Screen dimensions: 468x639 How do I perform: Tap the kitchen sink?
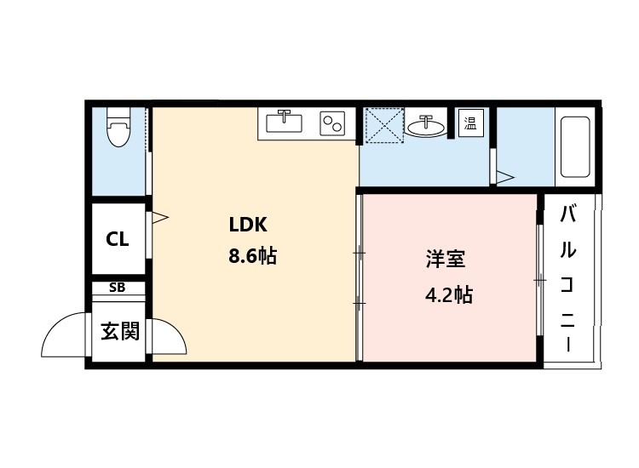284,123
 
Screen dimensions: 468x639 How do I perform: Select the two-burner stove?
331,123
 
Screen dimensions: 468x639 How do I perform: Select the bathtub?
575,146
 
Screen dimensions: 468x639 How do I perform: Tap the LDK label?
248,225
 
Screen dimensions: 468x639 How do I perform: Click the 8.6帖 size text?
252,255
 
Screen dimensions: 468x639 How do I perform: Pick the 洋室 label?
446,260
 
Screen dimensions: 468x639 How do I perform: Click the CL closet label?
118,239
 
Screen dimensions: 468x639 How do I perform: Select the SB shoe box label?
118,288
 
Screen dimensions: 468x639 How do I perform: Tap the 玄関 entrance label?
119,331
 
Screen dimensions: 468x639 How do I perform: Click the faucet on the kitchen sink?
285,115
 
